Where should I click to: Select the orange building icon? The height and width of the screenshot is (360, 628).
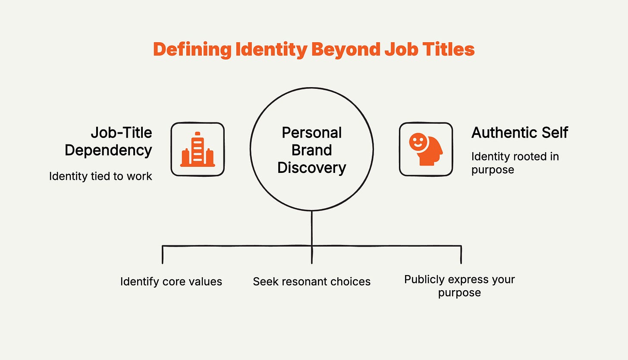198,149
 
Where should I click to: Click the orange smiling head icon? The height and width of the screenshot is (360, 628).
426,149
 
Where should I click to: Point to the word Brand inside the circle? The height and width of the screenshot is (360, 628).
311,150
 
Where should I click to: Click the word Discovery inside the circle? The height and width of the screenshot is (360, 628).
311,167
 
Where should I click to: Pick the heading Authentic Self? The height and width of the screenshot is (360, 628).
519,133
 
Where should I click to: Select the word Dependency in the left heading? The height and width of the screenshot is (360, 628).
108,150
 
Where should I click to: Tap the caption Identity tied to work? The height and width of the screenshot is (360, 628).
100,176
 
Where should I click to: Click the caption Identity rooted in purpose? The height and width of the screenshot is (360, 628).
515,163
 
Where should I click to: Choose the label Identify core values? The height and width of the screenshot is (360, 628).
171,282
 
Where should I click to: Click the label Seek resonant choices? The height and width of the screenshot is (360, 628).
311,282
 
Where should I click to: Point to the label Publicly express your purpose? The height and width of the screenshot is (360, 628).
459,286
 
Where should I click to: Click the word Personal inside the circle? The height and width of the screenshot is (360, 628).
311,133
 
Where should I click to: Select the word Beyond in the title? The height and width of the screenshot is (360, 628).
345,50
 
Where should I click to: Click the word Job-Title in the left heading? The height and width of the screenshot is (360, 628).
121,133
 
